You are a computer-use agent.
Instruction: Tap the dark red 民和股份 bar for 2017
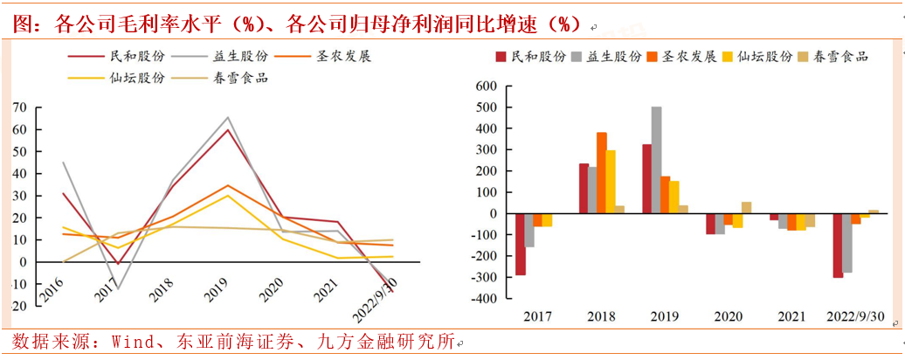521,244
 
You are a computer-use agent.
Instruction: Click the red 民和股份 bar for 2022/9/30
838,245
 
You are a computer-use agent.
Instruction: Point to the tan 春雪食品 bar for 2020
746,208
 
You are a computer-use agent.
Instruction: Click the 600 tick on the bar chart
482,87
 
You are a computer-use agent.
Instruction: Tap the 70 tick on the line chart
19,107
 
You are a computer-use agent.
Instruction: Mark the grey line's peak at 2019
228,118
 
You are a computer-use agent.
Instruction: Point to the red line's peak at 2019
228,130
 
